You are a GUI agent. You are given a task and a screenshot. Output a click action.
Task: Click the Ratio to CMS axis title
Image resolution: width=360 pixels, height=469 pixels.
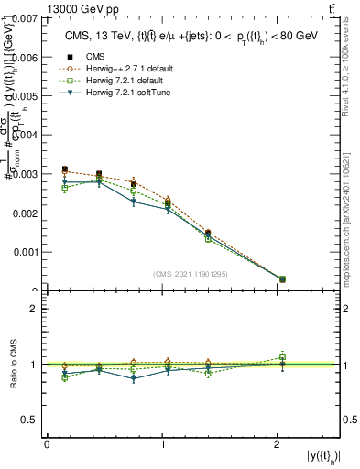pos(12,365)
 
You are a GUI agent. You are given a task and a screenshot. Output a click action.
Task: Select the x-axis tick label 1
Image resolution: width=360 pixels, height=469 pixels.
pos(163,443)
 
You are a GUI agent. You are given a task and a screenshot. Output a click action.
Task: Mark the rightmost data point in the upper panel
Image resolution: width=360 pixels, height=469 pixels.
pos(282,279)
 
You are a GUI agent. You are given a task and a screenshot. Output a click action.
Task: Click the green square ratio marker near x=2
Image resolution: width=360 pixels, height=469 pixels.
pos(282,357)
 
